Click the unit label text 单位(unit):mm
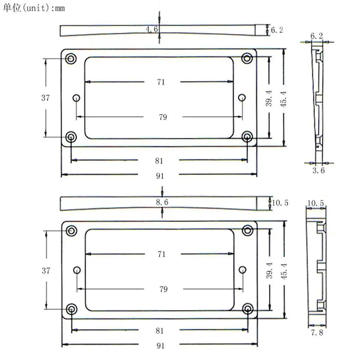click(x=34, y=8)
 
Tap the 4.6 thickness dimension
click(x=152, y=29)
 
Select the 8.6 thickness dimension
click(x=162, y=202)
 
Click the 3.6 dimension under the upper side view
click(x=319, y=171)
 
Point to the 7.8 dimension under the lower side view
click(x=317, y=333)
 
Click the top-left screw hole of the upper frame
click(x=71, y=59)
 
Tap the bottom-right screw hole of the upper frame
click(x=247, y=137)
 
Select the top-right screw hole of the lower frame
click(x=247, y=230)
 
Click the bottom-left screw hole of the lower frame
click(x=71, y=309)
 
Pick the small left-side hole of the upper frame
click(x=76, y=98)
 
